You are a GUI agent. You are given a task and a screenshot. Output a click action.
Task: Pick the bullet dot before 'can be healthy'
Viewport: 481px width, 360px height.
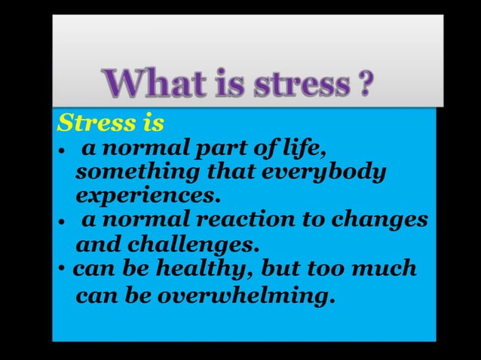point(63,270)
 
